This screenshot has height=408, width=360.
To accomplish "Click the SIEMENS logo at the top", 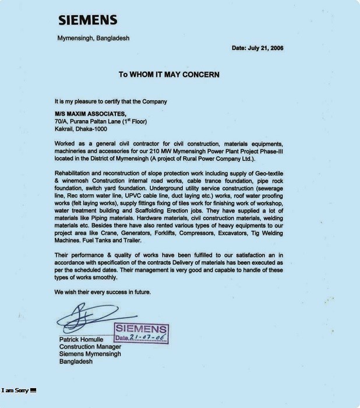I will point(95,20).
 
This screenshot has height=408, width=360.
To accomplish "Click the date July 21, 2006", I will point(257,48).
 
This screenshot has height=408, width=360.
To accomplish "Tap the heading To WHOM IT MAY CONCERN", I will point(169,75).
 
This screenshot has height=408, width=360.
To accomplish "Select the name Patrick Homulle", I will point(82,339).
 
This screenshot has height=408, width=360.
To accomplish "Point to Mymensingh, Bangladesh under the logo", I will point(93,38).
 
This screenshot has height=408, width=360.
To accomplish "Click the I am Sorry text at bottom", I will point(16,389).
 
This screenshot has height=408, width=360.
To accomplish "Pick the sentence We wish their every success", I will point(103,291).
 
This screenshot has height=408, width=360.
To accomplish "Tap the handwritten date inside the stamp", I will point(147,338).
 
